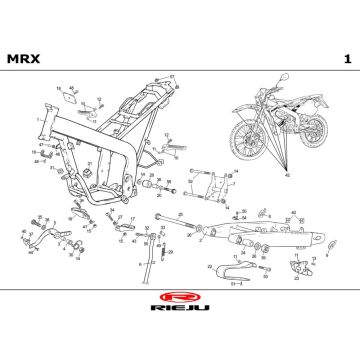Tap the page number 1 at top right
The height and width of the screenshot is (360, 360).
click(345, 58)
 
